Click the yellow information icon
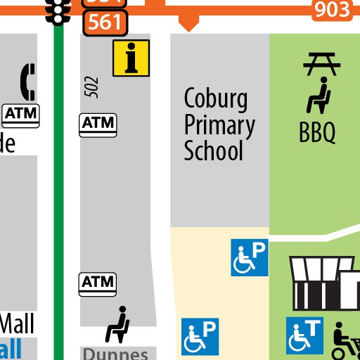coord(131,58)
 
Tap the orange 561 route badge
coord(105,22)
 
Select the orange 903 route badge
coord(332,9)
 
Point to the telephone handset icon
coord(28,82)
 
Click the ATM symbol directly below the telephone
coord(22,113)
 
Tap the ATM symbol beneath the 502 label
coord(98,124)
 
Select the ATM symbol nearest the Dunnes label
coord(97,283)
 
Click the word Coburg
coord(216,99)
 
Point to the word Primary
coord(219,126)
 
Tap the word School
coord(213,151)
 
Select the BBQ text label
coord(317,133)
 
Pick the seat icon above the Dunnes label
coord(117,324)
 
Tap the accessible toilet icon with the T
coord(304,335)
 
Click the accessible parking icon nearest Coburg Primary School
coord(250,257)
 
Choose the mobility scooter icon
coord(345,340)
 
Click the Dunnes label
coord(116,354)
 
